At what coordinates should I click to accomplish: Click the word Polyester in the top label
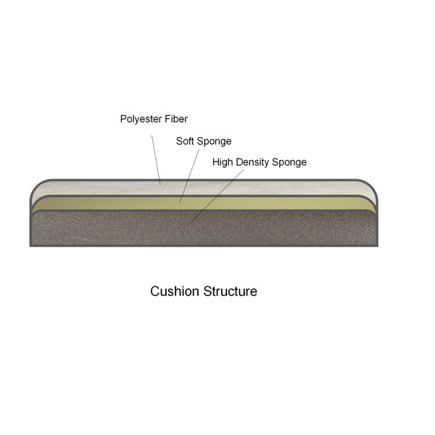(x=142, y=119)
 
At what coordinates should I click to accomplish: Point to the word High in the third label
(x=223, y=162)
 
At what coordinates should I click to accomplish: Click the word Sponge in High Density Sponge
(x=289, y=162)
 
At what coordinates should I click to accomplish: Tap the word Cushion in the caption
(x=173, y=292)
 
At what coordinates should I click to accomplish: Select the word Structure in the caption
(x=229, y=292)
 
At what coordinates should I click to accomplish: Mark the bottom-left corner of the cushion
(x=31, y=245)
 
